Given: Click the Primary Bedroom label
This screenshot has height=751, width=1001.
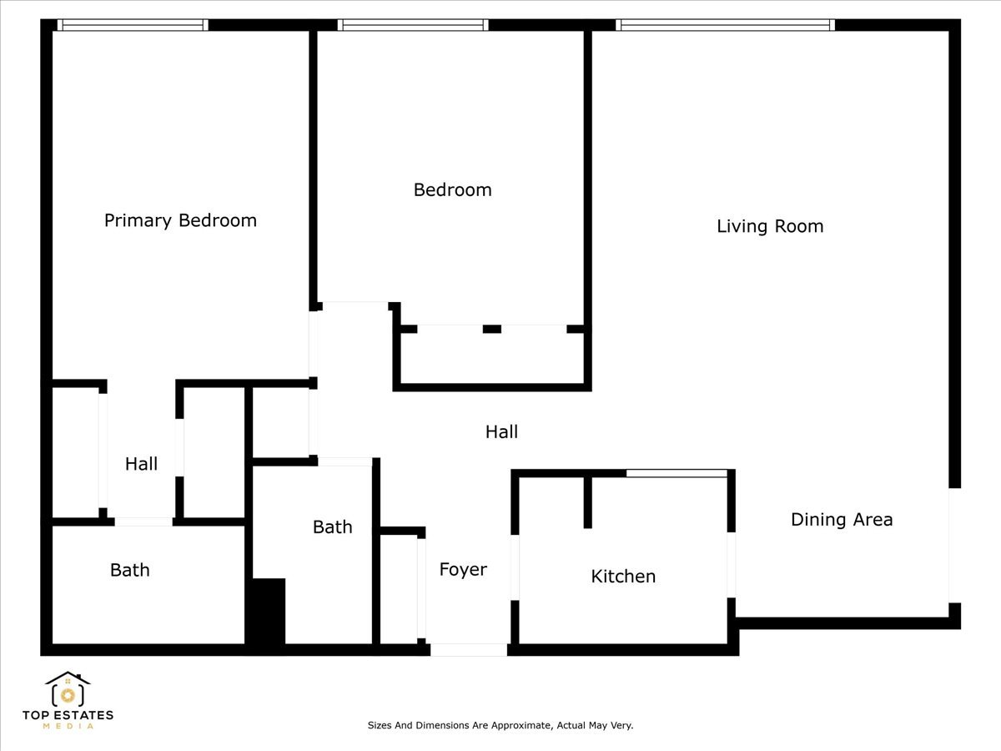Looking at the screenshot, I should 180,220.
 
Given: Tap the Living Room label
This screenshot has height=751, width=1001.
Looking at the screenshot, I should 770,226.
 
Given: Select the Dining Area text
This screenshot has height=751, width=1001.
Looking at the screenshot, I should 842,520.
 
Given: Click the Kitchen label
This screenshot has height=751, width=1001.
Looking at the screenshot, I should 623,577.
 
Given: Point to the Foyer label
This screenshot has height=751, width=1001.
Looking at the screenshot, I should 463,570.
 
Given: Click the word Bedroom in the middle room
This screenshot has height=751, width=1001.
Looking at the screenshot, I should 452,190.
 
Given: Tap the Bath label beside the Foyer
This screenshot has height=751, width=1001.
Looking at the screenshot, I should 332,527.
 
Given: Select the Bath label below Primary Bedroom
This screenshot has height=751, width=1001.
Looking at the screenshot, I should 130,570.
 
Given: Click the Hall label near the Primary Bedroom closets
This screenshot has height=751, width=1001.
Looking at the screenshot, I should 141,464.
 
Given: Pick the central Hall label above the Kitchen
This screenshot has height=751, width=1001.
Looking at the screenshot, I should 501,431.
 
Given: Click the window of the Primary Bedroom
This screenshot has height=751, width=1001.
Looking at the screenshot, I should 133,25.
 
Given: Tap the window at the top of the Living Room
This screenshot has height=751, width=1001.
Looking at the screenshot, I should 726,25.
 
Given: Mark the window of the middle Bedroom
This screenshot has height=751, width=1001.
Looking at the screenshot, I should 413,25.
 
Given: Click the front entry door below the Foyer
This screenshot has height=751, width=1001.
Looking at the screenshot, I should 468,649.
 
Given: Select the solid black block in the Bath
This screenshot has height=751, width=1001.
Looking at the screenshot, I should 268,611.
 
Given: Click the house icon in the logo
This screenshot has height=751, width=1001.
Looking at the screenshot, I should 68,689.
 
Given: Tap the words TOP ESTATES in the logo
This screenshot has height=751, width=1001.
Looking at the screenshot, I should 68,715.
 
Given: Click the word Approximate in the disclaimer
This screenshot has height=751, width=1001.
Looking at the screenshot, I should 518,726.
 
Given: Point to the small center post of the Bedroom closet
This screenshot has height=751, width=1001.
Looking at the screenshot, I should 492,329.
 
